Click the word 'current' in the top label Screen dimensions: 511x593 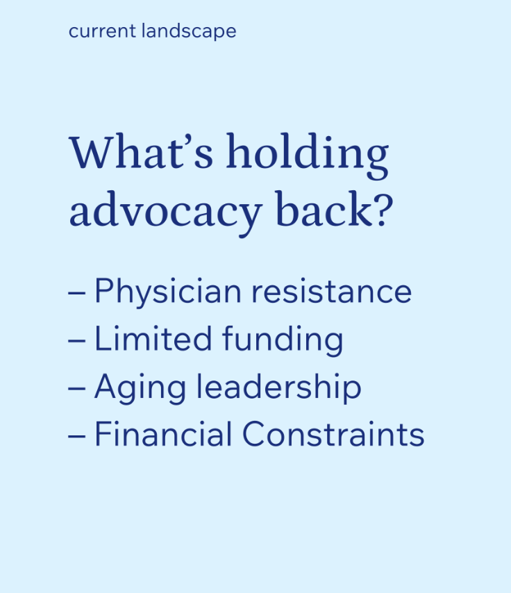click(102, 31)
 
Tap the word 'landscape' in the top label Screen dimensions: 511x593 click(189, 31)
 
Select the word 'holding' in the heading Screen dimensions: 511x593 click(307, 155)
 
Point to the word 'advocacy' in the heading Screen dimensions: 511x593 click(166, 213)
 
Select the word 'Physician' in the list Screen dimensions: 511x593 click(168, 292)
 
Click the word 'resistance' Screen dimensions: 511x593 click(331, 292)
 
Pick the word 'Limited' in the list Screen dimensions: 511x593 click(153, 338)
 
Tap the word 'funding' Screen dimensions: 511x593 click(283, 340)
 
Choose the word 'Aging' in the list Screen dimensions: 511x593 click(140, 387)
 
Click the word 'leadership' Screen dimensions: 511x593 click(279, 387)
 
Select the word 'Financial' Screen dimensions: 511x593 click(163, 434)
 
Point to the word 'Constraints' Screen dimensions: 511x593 click(333, 434)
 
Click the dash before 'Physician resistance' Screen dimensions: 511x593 click(77, 293)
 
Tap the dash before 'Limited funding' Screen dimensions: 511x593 click(77, 340)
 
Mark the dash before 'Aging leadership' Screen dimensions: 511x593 click(77, 388)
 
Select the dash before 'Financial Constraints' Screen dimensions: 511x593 click(77, 435)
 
